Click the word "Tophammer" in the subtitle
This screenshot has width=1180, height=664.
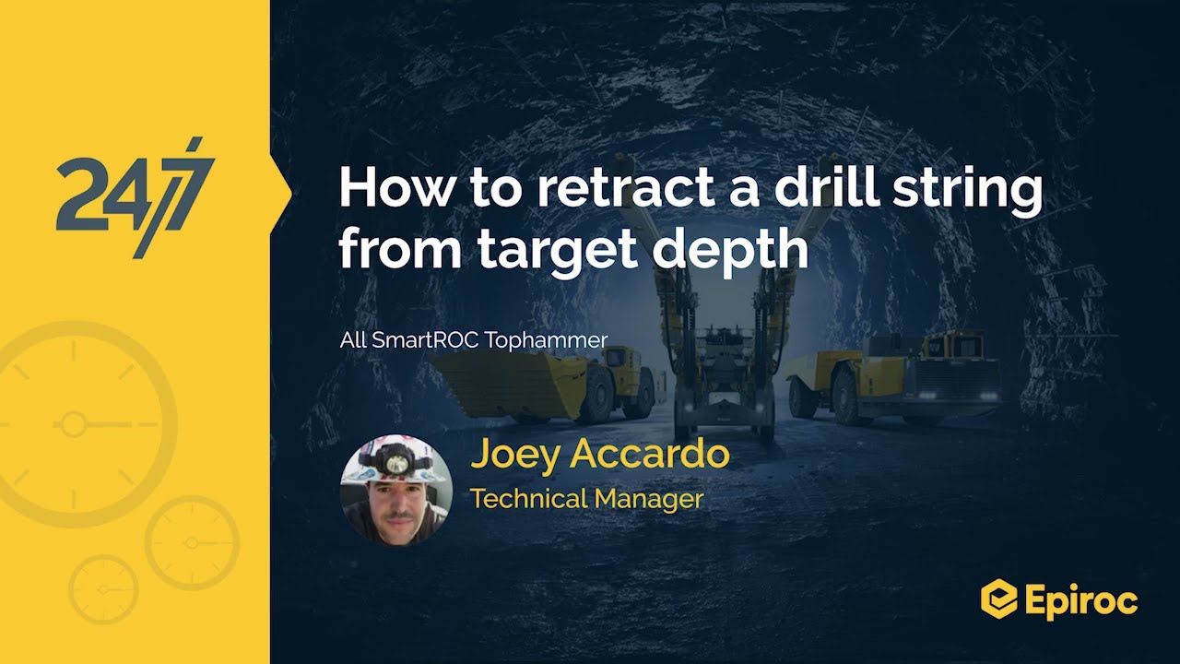[546, 341]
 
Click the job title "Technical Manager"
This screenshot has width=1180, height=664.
[586, 499]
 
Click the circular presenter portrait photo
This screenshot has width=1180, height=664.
[396, 490]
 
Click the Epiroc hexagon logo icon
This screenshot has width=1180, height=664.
[997, 599]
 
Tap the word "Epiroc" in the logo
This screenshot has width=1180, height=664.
[1080, 601]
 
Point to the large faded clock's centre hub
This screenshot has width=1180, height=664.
[71, 424]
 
